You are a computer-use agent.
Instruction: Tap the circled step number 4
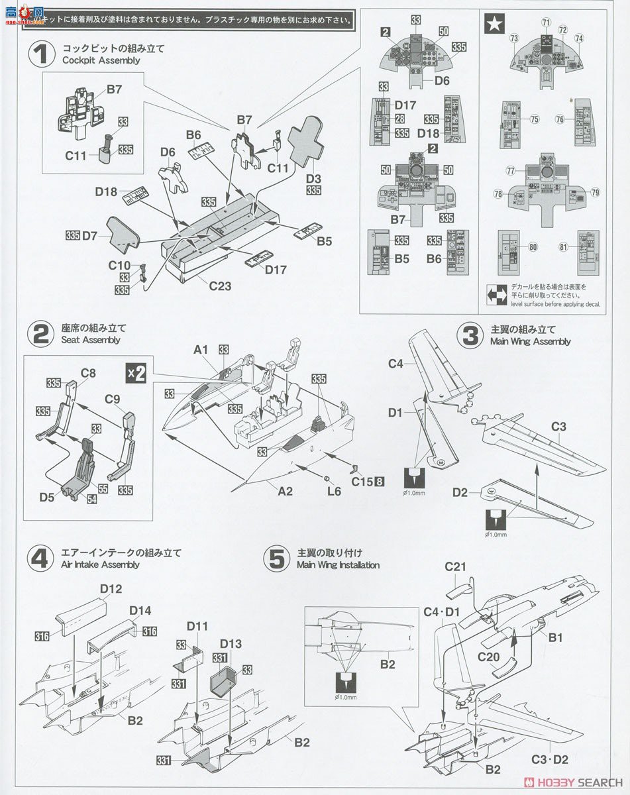pyautogui.click(x=41, y=558)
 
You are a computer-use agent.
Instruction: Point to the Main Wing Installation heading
pyautogui.click(x=338, y=565)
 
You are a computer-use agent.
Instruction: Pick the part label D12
pyautogui.click(x=111, y=588)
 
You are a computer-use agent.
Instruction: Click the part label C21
pyautogui.click(x=456, y=566)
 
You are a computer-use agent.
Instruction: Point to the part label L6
pyautogui.click(x=335, y=491)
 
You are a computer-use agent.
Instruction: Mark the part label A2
pyautogui.click(x=284, y=491)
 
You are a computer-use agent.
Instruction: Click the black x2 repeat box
pyautogui.click(x=136, y=373)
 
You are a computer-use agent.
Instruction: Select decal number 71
pyautogui.click(x=546, y=23)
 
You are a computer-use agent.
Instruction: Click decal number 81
pyautogui.click(x=564, y=247)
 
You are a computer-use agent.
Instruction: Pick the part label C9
pyautogui.click(x=113, y=399)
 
